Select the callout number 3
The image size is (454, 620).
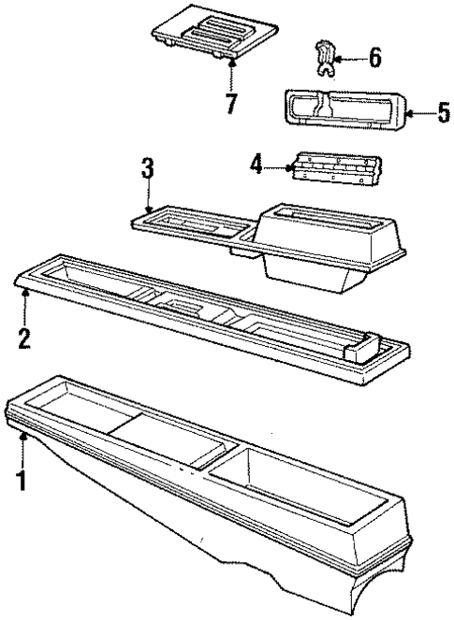(x=147, y=171)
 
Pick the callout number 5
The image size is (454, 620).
(x=444, y=114)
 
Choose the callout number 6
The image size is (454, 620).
(x=374, y=59)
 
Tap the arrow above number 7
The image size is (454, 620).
(x=231, y=71)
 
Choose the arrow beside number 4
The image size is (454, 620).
(x=279, y=168)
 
